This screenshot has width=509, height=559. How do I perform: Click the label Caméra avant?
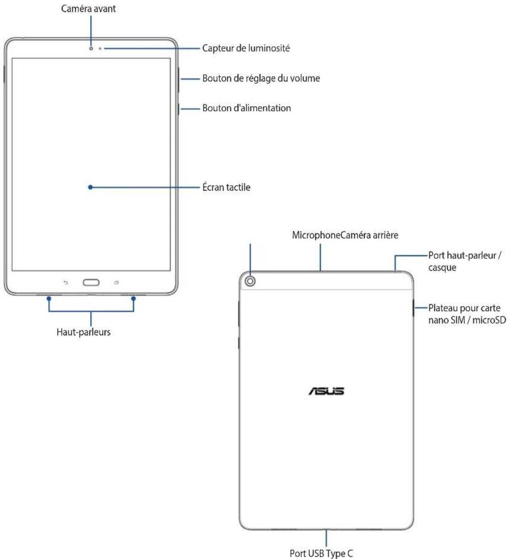coord(88,9)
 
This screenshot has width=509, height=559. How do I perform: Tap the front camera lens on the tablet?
coord(91,48)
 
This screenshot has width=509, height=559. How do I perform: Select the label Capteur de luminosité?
coord(246,48)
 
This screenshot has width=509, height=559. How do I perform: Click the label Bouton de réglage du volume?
coord(261,78)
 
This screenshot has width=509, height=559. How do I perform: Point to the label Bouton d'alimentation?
coord(246,108)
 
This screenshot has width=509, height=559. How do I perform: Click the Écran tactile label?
coord(226,187)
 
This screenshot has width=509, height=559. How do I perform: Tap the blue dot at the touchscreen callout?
coord(91,187)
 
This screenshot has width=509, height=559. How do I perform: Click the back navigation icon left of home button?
coord(65,283)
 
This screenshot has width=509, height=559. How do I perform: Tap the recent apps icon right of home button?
coord(116,283)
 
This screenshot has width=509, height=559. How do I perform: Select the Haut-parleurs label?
coord(83,332)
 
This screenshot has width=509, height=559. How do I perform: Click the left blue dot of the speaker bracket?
coord(49,298)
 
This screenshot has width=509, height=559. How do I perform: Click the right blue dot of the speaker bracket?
coord(134,298)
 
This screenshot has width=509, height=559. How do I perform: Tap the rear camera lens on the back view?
coord(250,281)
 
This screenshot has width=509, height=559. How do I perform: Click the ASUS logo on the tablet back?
coord(326,391)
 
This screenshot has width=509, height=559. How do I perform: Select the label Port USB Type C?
coord(321,553)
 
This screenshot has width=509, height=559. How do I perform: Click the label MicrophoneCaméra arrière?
coord(345,236)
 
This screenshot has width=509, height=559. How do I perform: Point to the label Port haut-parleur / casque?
coord(464,261)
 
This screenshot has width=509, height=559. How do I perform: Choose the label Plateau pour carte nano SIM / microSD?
coord(467,314)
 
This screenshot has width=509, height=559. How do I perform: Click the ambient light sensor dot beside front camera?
coord(100,48)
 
